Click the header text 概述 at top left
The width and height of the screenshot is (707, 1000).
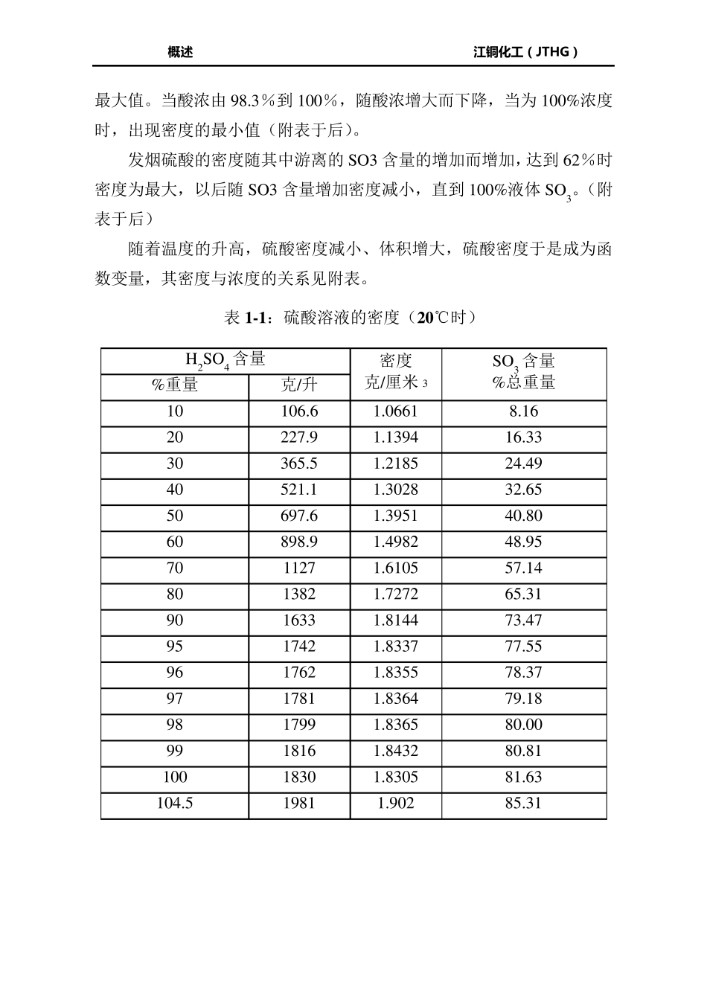coord(180,52)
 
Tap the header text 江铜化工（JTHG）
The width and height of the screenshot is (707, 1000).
coord(525,52)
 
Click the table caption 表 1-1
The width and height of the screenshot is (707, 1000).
coord(350,318)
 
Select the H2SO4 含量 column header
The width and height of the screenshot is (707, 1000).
coord(225,361)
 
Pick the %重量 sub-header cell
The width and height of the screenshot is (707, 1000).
coord(175,385)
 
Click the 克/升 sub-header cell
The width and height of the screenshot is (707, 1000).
coord(299,385)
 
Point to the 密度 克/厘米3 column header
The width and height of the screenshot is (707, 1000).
coord(396,372)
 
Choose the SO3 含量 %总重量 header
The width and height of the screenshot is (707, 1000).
coord(524,372)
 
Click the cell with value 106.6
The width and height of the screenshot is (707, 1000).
coord(299,411)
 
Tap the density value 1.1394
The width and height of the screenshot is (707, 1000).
coord(396,437)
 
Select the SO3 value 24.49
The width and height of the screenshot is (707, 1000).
coord(524,464)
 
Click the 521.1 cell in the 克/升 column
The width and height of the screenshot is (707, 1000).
coord(299,490)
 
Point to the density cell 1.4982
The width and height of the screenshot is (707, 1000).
coord(396,542)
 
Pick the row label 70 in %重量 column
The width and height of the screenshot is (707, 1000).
coord(175,568)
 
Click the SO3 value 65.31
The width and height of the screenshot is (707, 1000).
coord(524,594)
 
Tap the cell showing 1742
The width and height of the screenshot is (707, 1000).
coord(299,647)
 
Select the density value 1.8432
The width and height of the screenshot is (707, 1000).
coord(396,751)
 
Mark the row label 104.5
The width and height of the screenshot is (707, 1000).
coord(175,804)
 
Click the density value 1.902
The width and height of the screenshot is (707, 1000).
coord(396,804)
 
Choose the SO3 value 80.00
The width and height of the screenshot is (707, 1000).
coord(524,725)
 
